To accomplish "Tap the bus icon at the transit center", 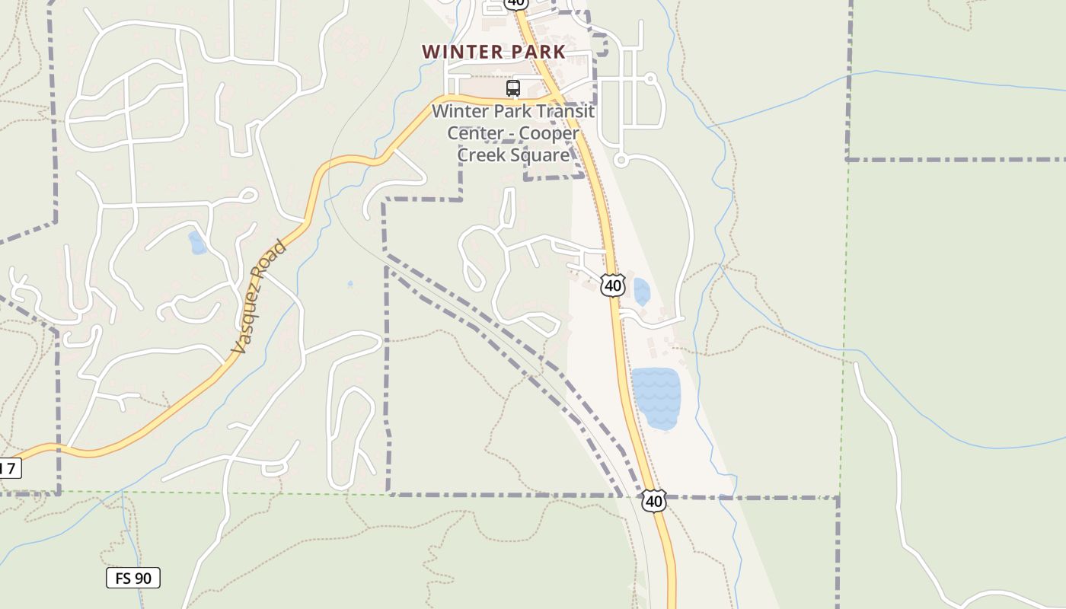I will point(513,88).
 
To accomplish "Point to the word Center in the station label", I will point(471,133).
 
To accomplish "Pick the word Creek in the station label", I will point(481,155).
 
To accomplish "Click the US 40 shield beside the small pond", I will point(613,285).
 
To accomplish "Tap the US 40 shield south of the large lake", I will point(653,501).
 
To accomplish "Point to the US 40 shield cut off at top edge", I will point(515,3).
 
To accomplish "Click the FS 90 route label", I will point(133,578).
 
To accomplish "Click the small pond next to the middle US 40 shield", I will point(641,292).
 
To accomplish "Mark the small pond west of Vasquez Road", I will point(197,243).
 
